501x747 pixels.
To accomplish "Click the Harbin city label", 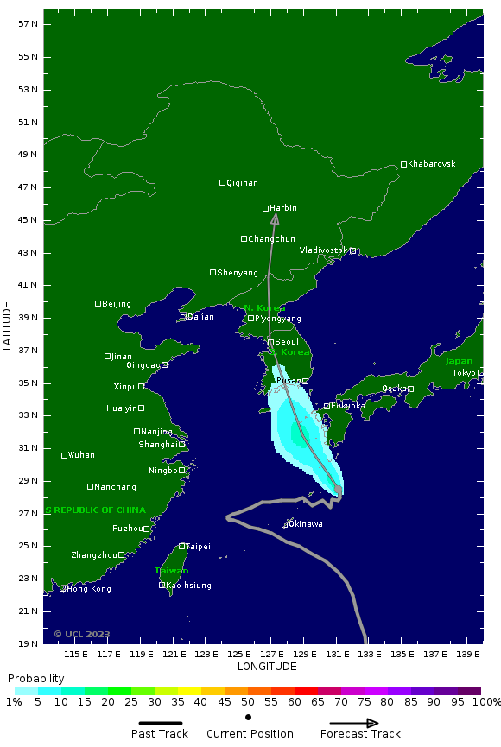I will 283,208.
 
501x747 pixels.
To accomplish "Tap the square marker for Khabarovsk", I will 403,165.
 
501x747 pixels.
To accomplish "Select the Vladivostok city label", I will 323,250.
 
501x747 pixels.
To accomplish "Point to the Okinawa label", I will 306,524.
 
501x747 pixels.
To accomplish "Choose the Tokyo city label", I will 464,373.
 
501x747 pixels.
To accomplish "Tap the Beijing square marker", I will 98,304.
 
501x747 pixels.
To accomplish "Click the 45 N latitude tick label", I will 28,220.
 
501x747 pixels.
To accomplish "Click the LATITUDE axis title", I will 8,326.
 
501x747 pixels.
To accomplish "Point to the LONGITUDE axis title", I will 267,667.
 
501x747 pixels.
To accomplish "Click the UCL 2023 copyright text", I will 82,634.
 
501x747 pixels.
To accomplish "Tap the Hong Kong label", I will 89,589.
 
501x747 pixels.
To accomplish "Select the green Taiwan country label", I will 171,571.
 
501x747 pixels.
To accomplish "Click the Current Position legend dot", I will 249,717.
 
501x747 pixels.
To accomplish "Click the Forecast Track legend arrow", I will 354,724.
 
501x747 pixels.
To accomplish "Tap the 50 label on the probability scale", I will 248,702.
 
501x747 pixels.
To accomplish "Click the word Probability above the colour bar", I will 36,679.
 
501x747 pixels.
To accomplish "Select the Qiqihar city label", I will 242,183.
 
